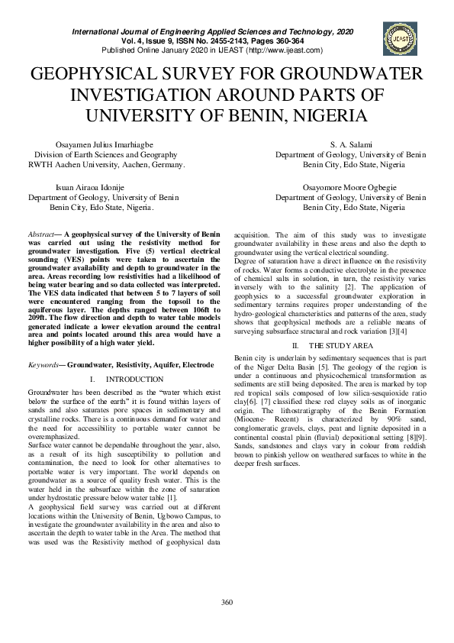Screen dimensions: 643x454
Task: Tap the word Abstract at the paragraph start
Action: [40, 234]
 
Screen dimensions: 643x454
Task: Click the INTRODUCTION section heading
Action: [130, 379]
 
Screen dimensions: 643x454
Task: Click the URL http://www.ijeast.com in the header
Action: [285, 50]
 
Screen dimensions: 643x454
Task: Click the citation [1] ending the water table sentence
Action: [194, 497]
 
